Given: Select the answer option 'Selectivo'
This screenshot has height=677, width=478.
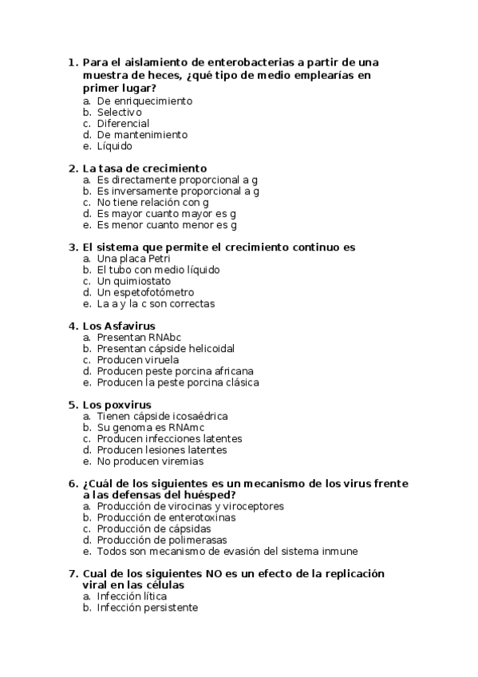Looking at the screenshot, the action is tap(119, 113).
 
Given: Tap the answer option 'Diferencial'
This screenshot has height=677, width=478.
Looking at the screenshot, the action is tap(123, 124).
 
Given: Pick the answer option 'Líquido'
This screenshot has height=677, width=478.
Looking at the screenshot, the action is tap(115, 146).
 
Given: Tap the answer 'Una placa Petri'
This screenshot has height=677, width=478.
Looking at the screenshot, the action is tap(133, 259).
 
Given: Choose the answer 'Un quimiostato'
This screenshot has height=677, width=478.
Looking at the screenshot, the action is tap(133, 281).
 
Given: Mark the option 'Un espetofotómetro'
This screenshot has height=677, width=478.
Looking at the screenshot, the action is tap(145, 292).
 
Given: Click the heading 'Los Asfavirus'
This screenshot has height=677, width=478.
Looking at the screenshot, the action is tap(119, 326).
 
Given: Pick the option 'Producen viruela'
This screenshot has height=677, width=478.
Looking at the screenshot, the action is tap(138, 359).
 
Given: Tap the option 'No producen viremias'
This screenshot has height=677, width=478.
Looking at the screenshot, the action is tap(150, 461).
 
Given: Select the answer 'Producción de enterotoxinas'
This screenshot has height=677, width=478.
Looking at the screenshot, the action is tap(168, 517).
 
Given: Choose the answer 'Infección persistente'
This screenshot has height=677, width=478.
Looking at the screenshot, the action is tap(147, 608).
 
